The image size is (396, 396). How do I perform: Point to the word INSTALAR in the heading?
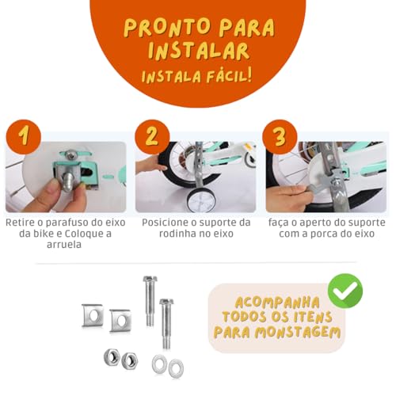click(198, 51)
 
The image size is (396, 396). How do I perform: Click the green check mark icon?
click(345, 291)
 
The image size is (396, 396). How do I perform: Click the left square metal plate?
click(93, 315)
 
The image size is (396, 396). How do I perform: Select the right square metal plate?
click(120, 320)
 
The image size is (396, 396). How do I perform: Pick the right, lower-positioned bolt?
click(166, 322)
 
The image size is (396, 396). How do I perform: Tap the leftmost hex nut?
click(111, 357)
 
